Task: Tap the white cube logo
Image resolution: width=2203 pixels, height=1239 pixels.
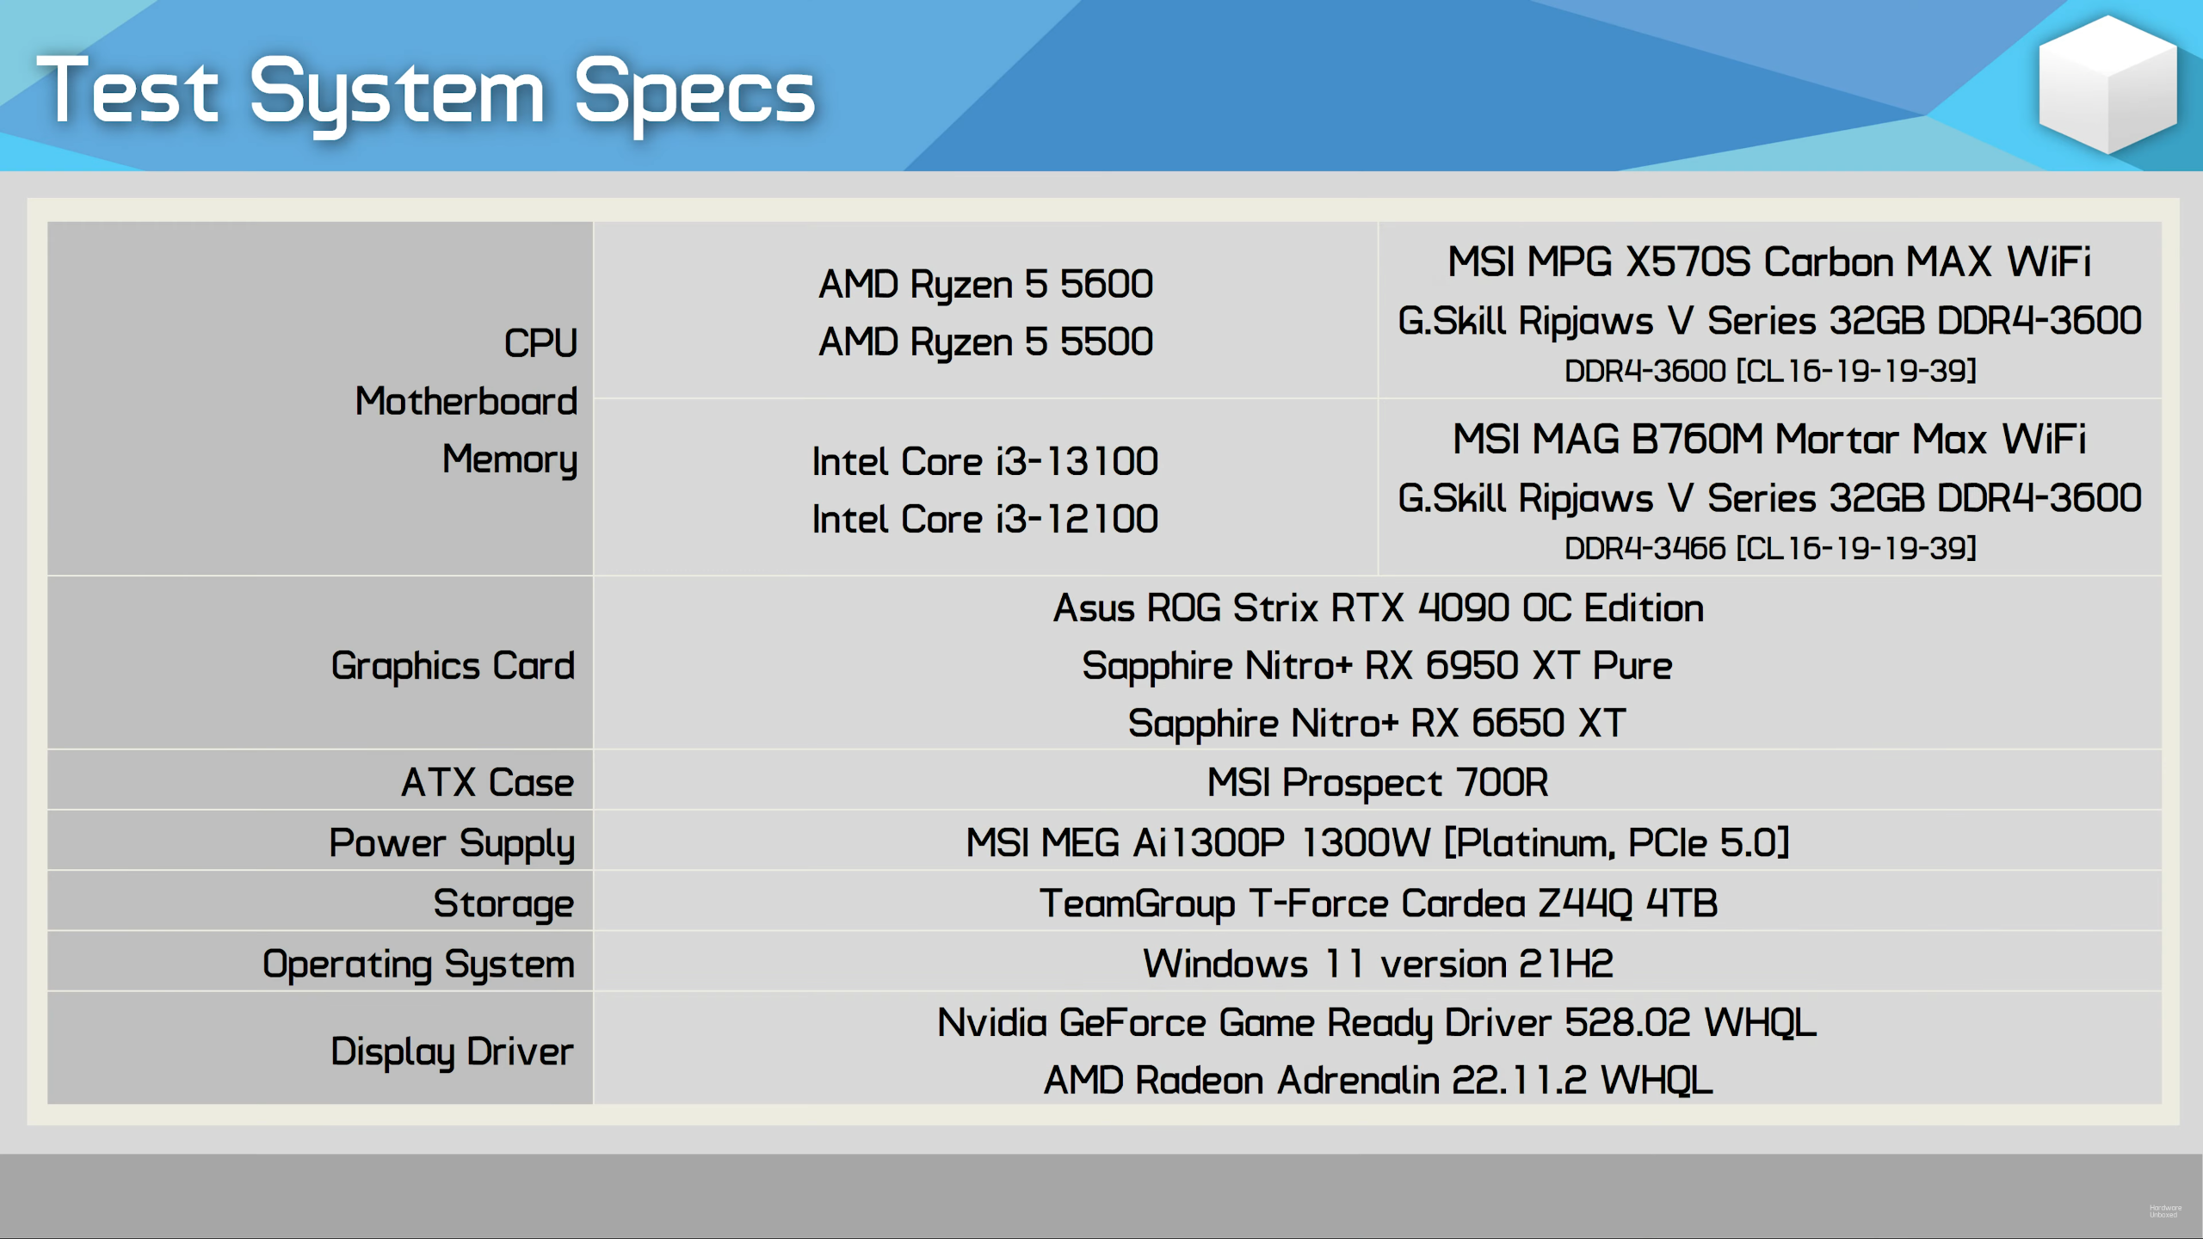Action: [2107, 83]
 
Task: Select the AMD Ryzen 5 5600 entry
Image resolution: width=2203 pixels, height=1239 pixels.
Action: [985, 285]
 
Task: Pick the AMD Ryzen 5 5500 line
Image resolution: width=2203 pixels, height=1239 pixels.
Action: [985, 342]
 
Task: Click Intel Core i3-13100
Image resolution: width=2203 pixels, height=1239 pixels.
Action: [985, 462]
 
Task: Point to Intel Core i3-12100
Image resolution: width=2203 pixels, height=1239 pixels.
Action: [985, 520]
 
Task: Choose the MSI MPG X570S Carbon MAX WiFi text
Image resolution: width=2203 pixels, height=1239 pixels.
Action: [1769, 262]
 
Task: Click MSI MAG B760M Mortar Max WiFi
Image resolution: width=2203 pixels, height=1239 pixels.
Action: [1769, 440]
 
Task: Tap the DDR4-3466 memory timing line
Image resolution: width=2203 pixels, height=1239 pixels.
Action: [1770, 548]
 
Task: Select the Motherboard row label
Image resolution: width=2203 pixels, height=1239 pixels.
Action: [466, 402]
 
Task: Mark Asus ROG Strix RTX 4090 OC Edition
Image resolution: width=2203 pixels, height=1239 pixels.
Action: [1379, 608]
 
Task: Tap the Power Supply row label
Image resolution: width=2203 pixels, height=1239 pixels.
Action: [452, 844]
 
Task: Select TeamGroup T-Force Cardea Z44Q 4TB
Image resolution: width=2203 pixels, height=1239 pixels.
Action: [1379, 904]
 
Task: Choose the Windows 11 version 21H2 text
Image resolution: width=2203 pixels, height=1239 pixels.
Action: [1378, 965]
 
